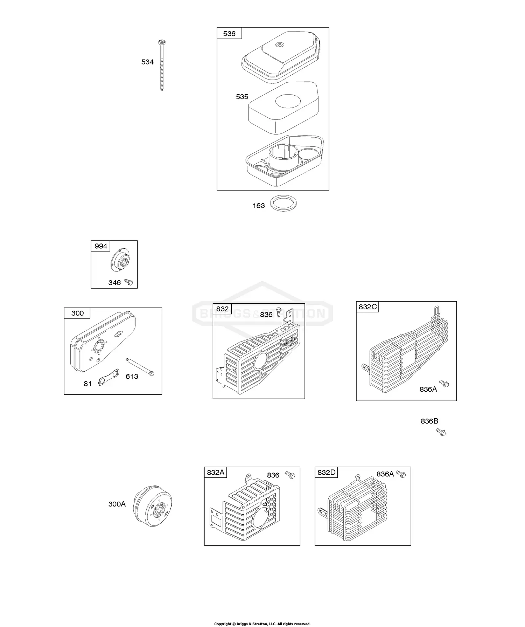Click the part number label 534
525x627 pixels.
(147, 62)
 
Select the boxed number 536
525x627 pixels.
(229, 34)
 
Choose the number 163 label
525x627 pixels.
(259, 206)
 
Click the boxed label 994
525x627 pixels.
(101, 246)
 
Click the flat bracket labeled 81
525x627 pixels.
(108, 377)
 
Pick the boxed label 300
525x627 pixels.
(77, 313)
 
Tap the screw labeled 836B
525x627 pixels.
(441, 432)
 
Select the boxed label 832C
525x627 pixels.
(367, 307)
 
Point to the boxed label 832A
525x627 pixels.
(216, 473)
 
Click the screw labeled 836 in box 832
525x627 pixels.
(279, 311)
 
